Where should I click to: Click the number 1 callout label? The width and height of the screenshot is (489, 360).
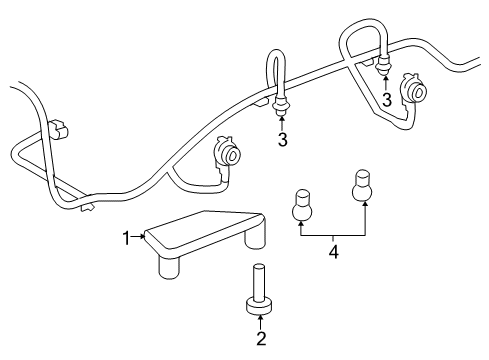tap(127, 237)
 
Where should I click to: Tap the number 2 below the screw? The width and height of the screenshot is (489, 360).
tap(260, 338)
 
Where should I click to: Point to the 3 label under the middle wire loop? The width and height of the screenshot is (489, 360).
tap(283, 140)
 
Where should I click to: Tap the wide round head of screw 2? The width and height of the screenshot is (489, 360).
tap(260, 303)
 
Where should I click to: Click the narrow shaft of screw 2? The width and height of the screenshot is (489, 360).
tap(260, 278)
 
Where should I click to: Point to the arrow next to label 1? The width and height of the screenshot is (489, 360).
tap(139, 237)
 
